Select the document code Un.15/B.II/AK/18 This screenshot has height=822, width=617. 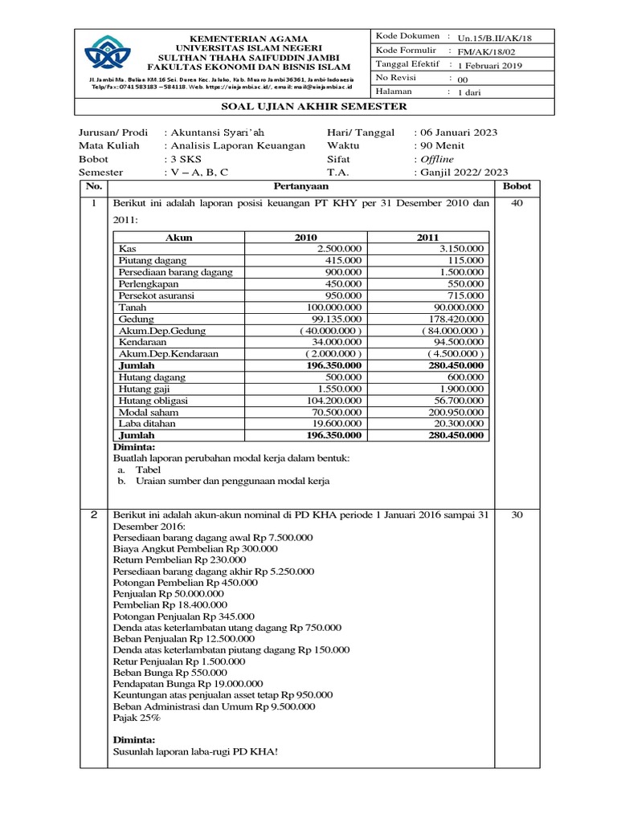click(x=495, y=38)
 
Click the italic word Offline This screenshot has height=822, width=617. click(x=437, y=159)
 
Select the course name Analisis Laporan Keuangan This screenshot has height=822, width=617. click(x=234, y=145)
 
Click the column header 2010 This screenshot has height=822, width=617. click(x=306, y=238)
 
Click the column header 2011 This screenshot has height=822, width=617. click(x=427, y=238)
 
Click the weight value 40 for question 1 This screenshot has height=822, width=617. click(x=517, y=203)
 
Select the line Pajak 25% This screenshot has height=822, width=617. click(x=137, y=718)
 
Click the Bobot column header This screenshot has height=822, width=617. click(x=517, y=186)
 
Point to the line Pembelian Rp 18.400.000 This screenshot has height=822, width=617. click(x=170, y=605)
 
